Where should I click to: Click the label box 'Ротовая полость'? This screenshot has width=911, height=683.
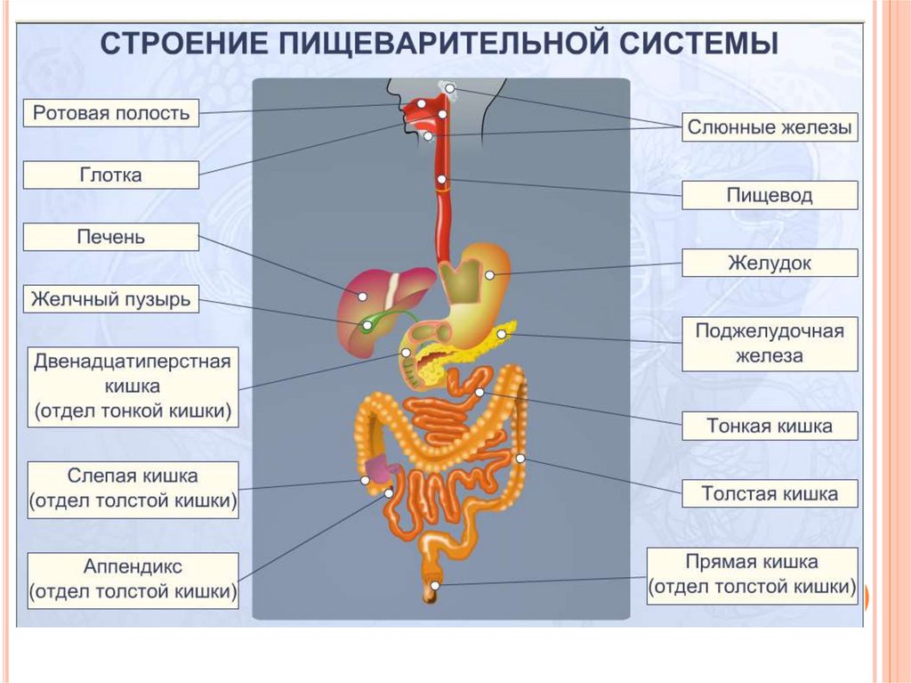coord(111,113)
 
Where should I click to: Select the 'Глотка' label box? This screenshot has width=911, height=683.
coord(111,175)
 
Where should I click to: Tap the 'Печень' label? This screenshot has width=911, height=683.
coord(111,237)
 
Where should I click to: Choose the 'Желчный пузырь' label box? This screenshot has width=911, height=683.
coord(111,299)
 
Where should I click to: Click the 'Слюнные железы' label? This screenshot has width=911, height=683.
coord(770,127)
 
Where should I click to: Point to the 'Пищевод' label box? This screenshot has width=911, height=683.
coord(770,195)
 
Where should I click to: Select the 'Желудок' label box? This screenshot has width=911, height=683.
coord(770,263)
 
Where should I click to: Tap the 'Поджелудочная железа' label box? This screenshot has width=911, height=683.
coord(770,344)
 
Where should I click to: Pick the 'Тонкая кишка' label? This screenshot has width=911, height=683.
coord(770,426)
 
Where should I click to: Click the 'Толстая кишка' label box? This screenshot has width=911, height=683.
coord(770,493)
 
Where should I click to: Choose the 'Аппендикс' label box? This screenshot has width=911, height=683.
coord(133,579)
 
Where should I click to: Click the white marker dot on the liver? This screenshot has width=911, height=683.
coord(363,296)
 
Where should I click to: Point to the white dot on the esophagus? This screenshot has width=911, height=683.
coord(442,183)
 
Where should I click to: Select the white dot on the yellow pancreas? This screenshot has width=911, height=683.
coord(502,334)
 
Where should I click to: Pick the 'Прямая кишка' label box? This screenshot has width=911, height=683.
coord(753,575)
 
